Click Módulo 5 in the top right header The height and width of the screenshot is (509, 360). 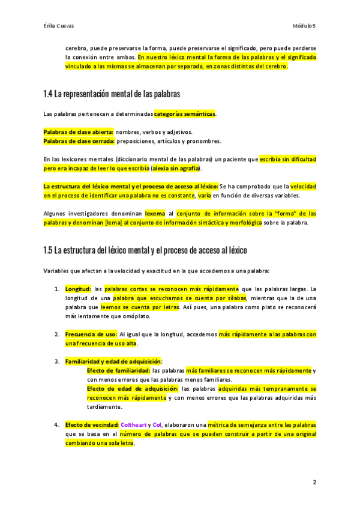(304, 26)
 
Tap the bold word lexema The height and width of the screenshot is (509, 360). (155, 213)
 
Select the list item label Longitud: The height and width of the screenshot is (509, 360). (78, 289)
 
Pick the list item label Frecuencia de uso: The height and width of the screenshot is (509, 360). (91, 334)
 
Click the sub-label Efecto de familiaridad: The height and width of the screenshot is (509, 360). (118, 370)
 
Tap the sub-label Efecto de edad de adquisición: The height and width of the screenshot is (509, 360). (133, 388)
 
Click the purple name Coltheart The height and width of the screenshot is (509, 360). (133, 425)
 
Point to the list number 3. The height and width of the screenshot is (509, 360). (56, 361)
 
